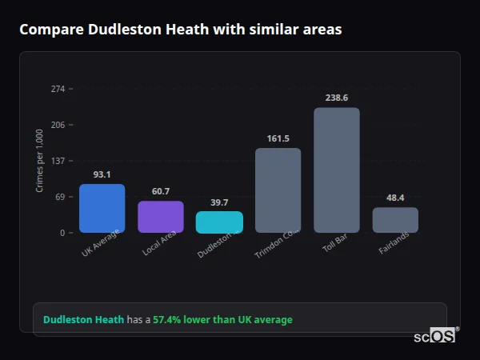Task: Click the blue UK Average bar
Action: coord(102,208)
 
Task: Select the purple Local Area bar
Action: coord(161,217)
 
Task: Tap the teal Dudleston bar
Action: coord(219,222)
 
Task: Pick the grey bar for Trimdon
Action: coord(278,190)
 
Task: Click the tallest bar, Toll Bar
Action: coord(337,170)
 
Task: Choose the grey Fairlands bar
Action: coord(395,220)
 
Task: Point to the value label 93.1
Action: coord(102,174)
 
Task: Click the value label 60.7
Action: coord(161,191)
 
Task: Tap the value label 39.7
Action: coord(219,202)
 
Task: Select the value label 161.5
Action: coord(278,138)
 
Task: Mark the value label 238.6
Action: coord(337,98)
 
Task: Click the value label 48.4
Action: coord(395,198)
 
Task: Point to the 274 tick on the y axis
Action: coord(58,89)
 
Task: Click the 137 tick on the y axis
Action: coord(58,161)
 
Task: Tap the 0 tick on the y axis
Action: coord(62,233)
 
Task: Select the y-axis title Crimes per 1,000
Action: coord(40,161)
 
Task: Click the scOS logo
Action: coord(435,336)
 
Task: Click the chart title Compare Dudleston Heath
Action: coord(180,30)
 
